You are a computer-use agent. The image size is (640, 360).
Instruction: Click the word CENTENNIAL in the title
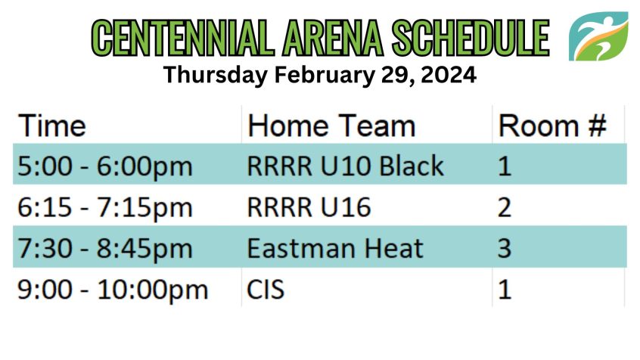pyautogui.click(x=183, y=38)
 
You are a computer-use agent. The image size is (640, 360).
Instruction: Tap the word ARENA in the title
pyautogui.click(x=333, y=38)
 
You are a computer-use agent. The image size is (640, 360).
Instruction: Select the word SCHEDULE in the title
pyautogui.click(x=471, y=38)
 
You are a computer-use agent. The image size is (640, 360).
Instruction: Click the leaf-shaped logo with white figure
pyautogui.click(x=598, y=36)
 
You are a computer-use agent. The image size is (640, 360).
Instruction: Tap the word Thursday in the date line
pyautogui.click(x=216, y=76)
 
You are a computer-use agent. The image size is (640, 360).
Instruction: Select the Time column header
pyautogui.click(x=52, y=126)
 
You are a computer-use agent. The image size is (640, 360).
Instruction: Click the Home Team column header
pyautogui.click(x=331, y=126)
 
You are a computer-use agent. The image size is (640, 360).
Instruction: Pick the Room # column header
pyautogui.click(x=552, y=126)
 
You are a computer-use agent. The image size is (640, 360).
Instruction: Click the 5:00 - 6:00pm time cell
pyautogui.click(x=105, y=166)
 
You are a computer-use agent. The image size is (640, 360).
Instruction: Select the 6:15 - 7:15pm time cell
pyautogui.click(x=105, y=208)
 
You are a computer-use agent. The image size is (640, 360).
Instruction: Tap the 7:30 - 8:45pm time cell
pyautogui.click(x=105, y=249)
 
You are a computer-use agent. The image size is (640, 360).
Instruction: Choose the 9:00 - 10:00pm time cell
pyautogui.click(x=113, y=290)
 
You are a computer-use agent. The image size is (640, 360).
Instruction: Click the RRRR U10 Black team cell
pyautogui.click(x=345, y=166)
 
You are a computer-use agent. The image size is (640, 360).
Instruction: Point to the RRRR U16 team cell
pyautogui.click(x=309, y=207)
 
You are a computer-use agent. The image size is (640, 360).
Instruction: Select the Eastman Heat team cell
pyautogui.click(x=335, y=249)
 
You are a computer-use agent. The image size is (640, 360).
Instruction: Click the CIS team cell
pyautogui.click(x=266, y=290)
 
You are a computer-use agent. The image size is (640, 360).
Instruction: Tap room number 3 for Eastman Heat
pyautogui.click(x=505, y=249)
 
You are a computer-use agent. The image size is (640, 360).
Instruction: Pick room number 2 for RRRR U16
pyautogui.click(x=505, y=207)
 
